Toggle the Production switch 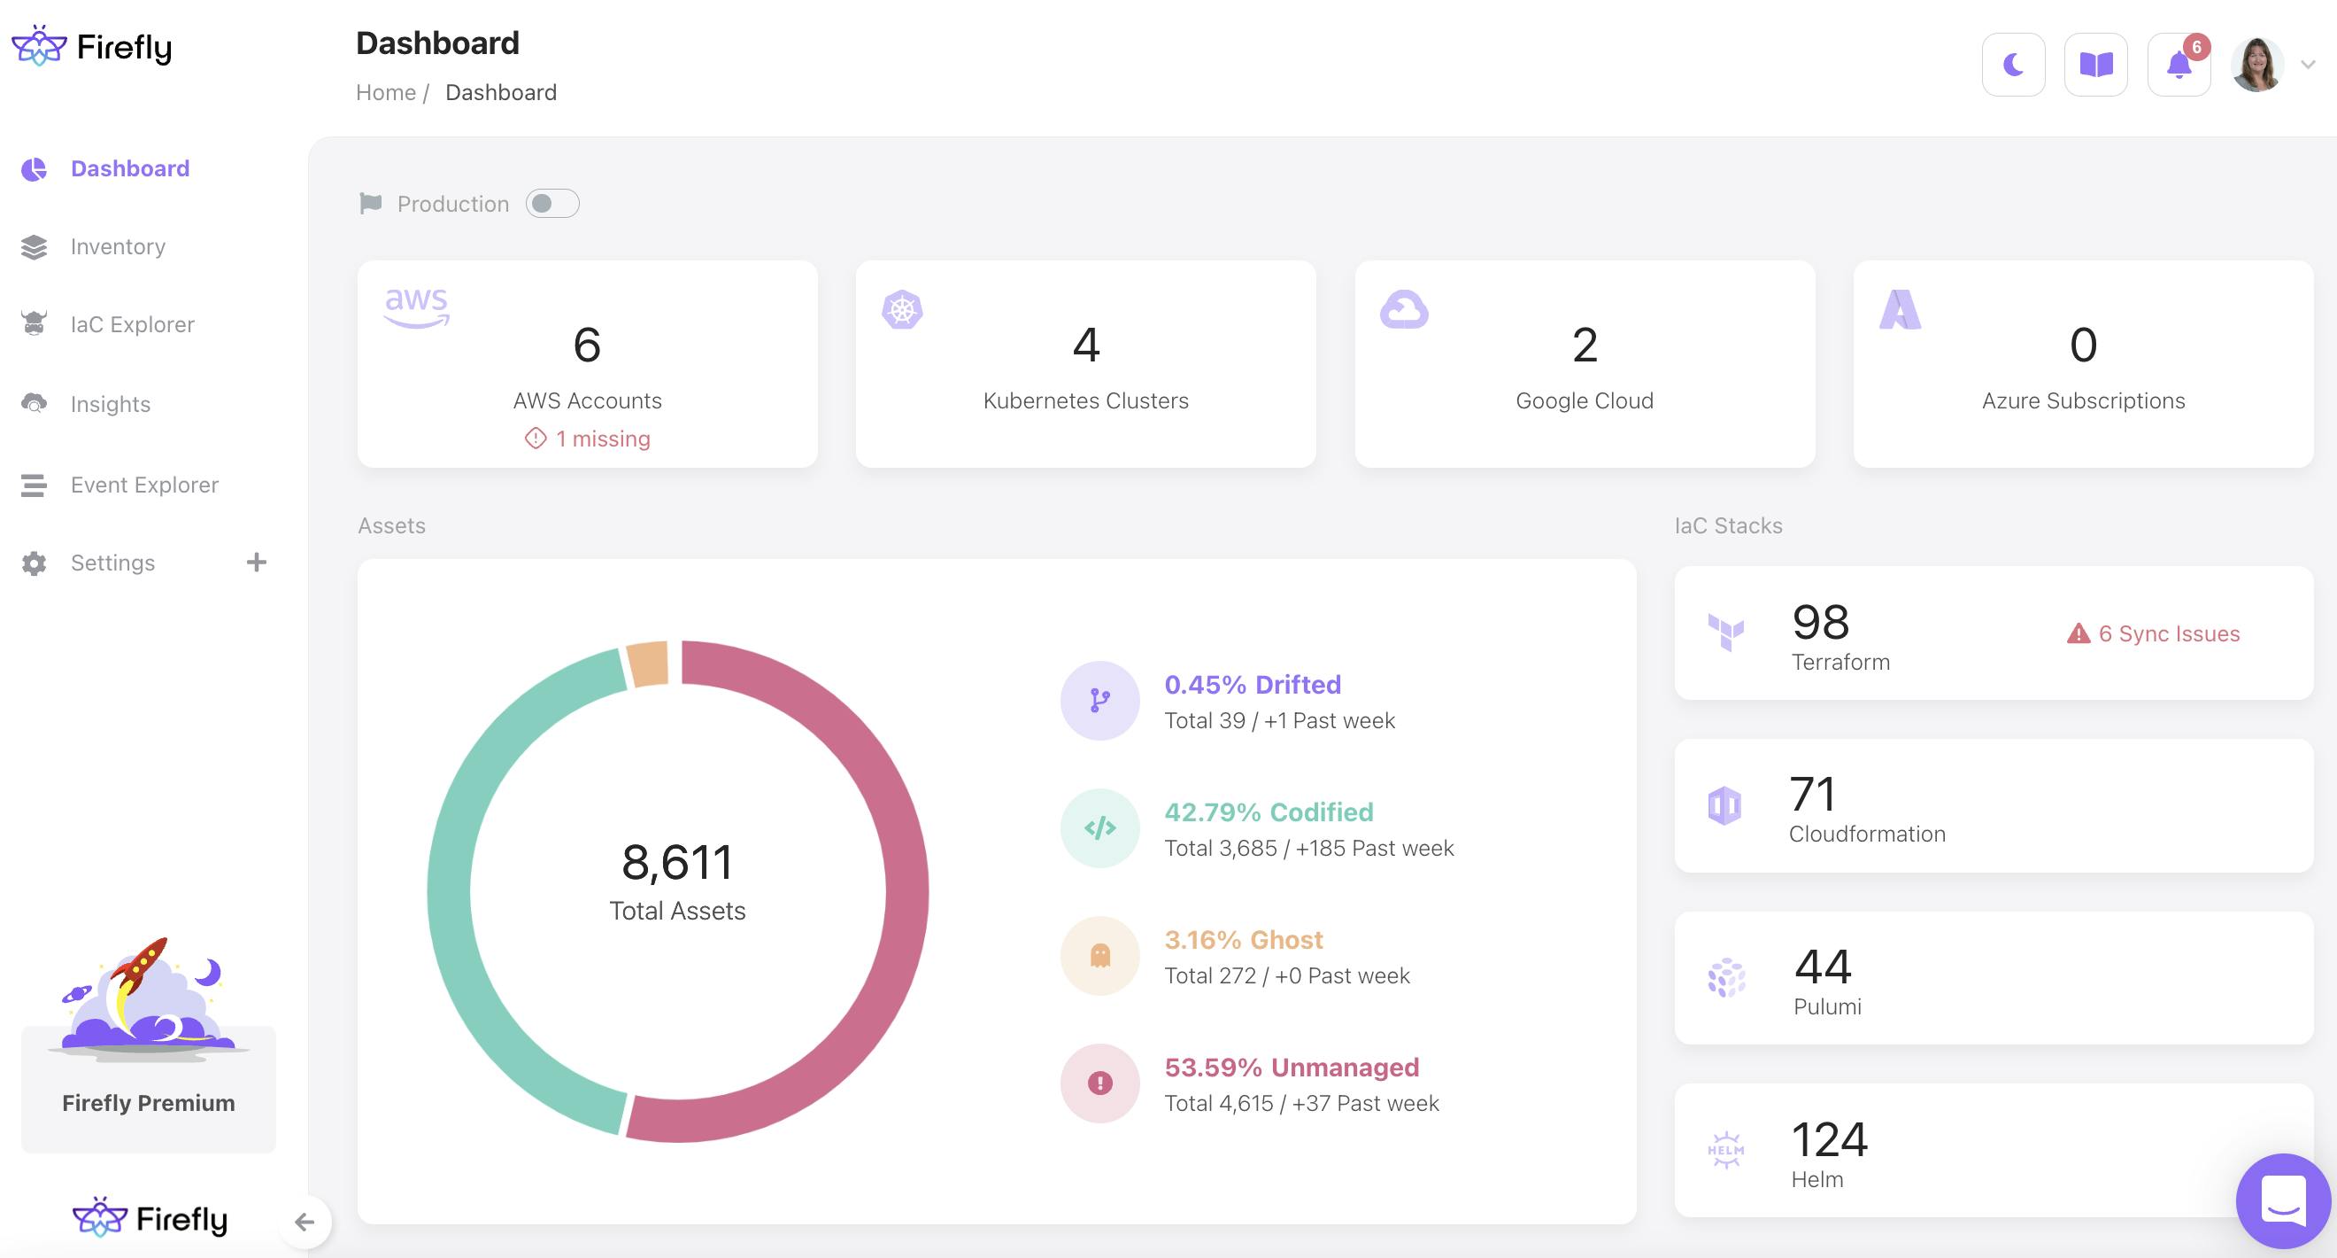pyautogui.click(x=551, y=203)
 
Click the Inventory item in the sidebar pyautogui.click(x=118, y=247)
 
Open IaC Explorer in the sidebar pyautogui.click(x=133, y=325)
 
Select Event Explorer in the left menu pyautogui.click(x=144, y=485)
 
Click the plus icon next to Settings pyautogui.click(x=257, y=563)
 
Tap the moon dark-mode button pyautogui.click(x=2013, y=65)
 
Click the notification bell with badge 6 pyautogui.click(x=2179, y=65)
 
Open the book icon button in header pyautogui.click(x=2095, y=65)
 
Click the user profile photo pyautogui.click(x=2257, y=65)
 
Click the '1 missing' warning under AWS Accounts pyautogui.click(x=602, y=439)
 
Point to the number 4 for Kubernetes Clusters pyautogui.click(x=1086, y=345)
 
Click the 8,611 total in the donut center pyautogui.click(x=677, y=862)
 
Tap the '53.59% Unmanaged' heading pyautogui.click(x=1291, y=1068)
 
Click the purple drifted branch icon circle pyautogui.click(x=1099, y=701)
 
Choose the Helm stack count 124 pyautogui.click(x=1829, y=1140)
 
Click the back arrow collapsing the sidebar pyautogui.click(x=305, y=1222)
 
